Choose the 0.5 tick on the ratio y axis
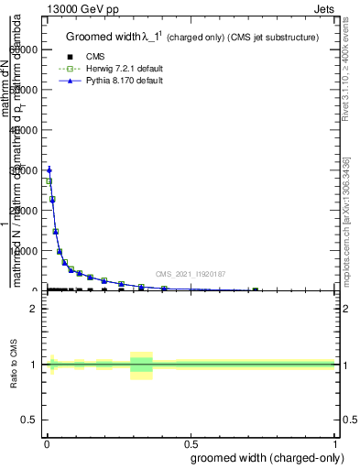(28, 421)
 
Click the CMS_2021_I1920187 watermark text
(190, 273)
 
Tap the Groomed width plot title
(192, 37)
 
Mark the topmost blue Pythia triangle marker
(49, 169)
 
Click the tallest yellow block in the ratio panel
(141, 365)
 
